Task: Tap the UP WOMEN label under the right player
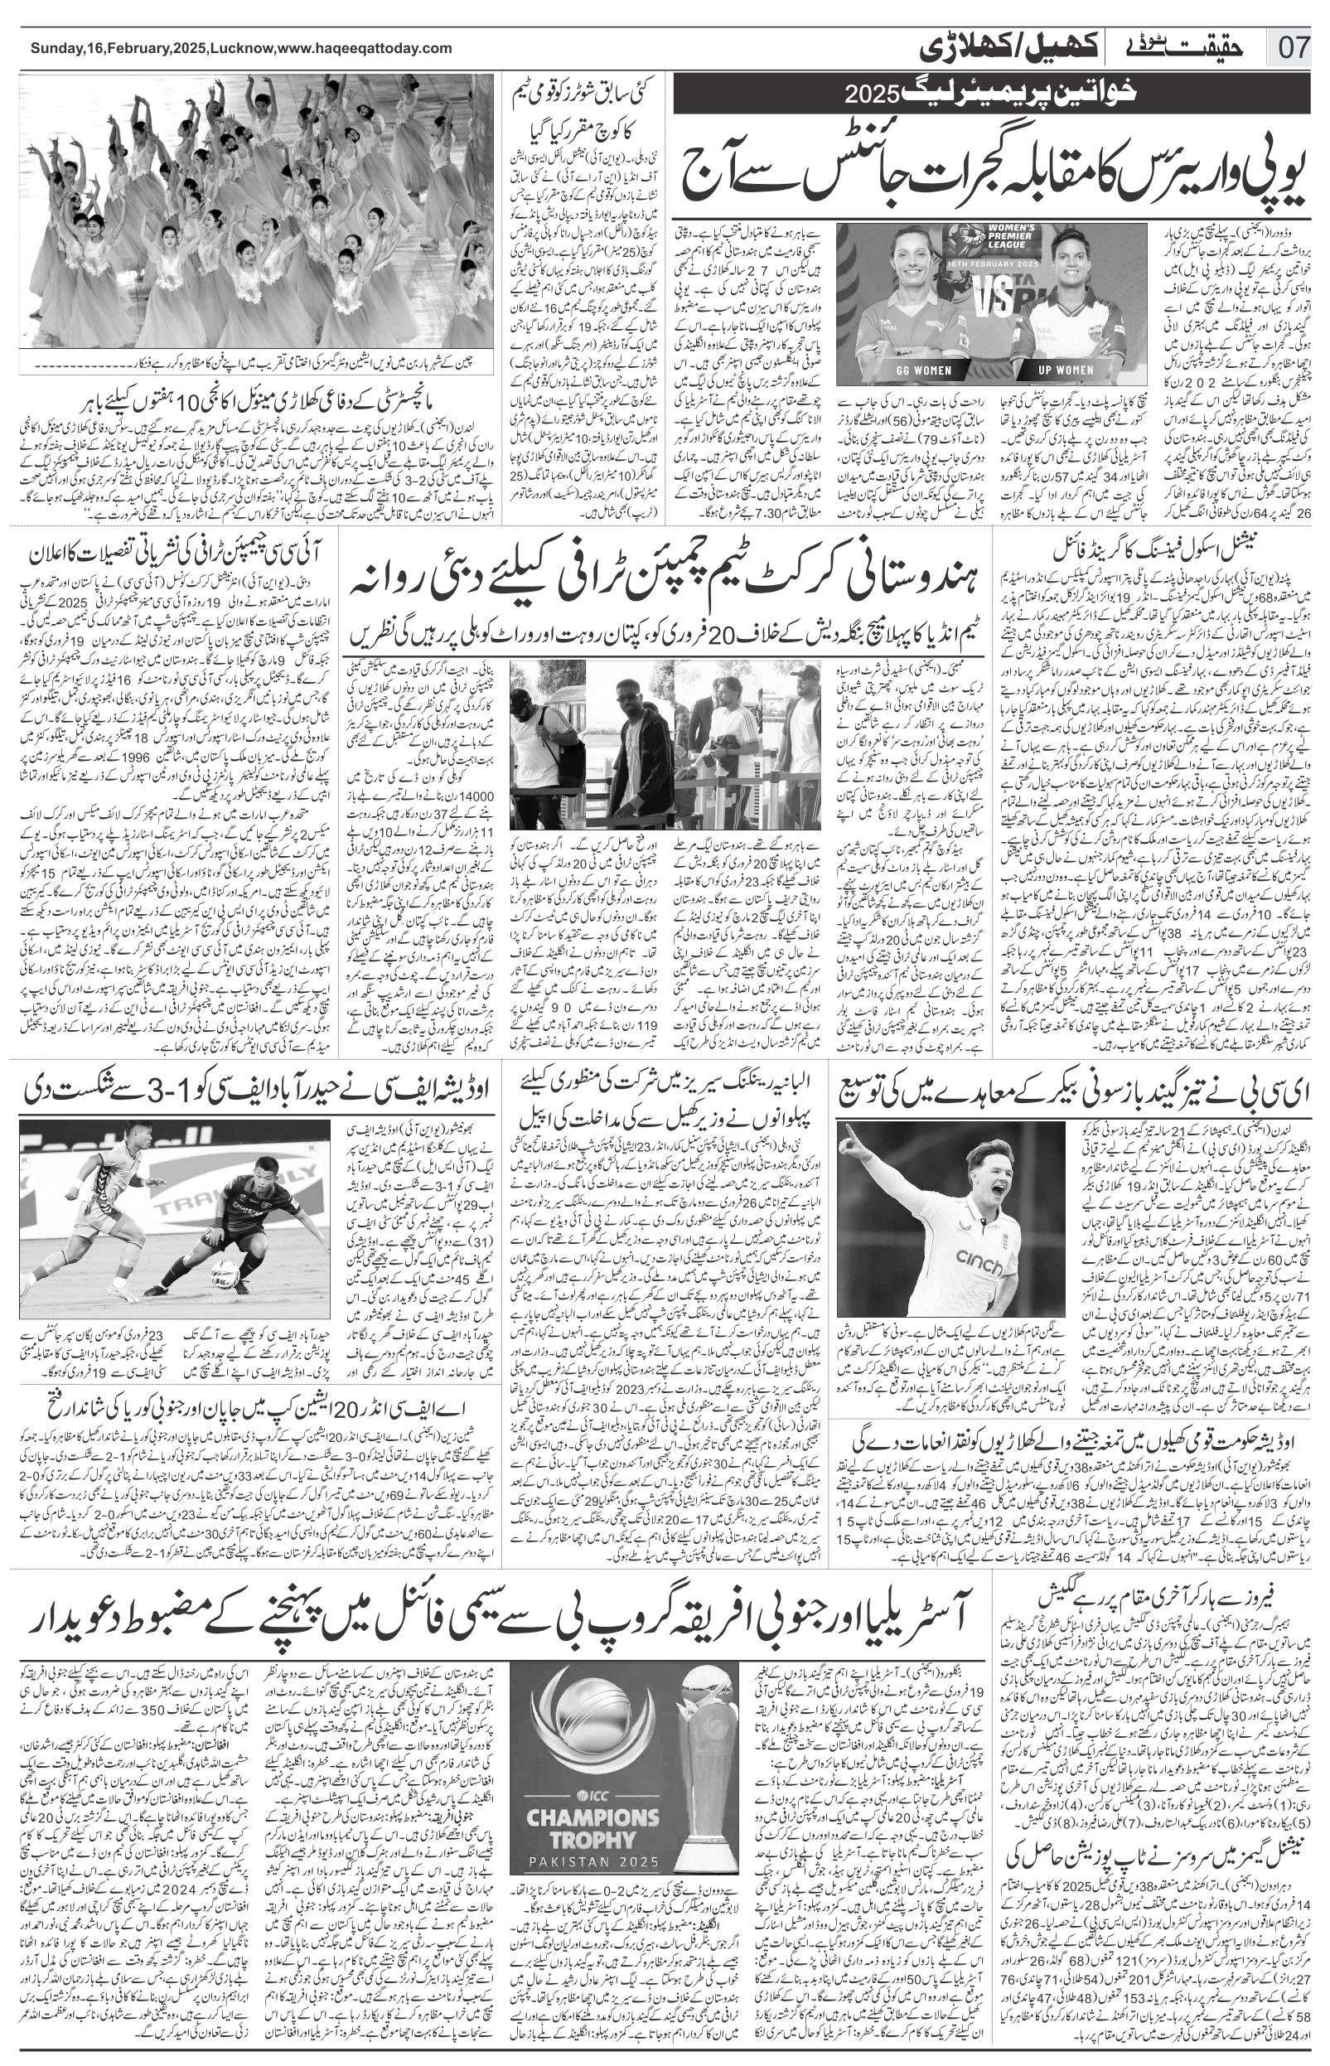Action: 1065,370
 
